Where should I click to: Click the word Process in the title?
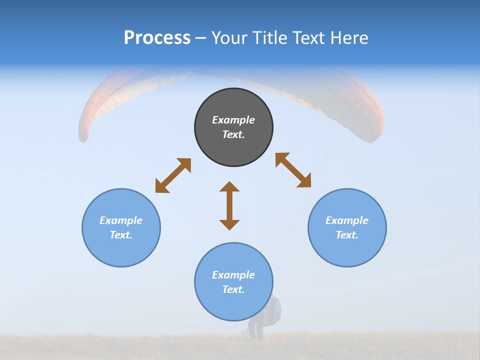(x=157, y=38)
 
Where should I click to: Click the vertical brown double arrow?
(x=229, y=205)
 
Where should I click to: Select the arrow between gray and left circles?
(x=173, y=175)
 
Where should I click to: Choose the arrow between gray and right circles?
(x=293, y=170)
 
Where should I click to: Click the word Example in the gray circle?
(x=233, y=120)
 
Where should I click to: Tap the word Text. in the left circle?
(x=121, y=235)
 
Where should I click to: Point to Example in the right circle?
(x=347, y=220)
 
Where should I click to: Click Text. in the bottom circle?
(x=233, y=289)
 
